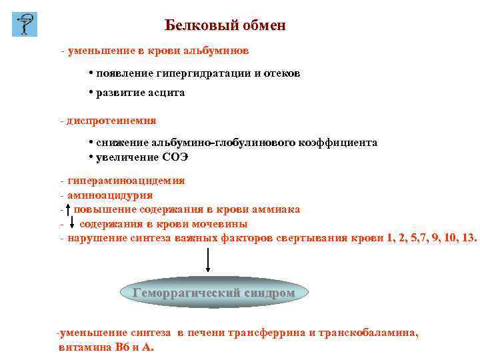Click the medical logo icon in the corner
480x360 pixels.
(x=25, y=24)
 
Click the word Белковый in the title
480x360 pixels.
(x=194, y=25)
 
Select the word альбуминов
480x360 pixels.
(x=216, y=51)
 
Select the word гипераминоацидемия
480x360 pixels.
(x=126, y=181)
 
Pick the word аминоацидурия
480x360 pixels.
(x=110, y=195)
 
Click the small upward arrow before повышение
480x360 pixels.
(x=69, y=209)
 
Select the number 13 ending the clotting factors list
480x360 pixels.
(x=469, y=238)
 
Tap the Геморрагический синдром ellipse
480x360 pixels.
(x=213, y=292)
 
